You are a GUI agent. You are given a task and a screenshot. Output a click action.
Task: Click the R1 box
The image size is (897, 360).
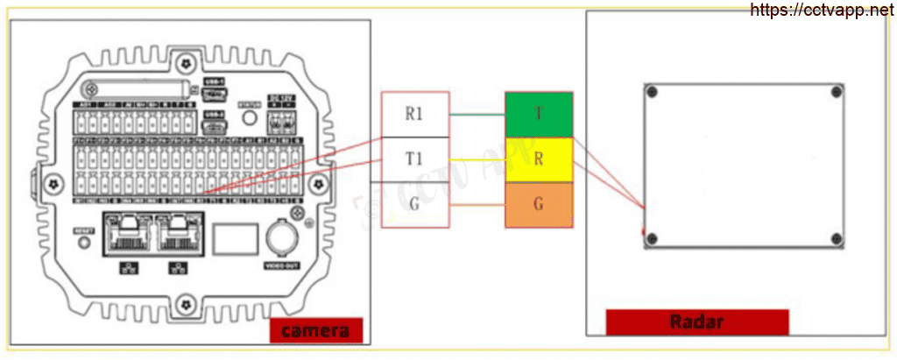pos(415,115)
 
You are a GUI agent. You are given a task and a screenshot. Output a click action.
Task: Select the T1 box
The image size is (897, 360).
pos(415,159)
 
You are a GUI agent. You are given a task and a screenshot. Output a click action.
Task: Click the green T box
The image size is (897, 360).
pos(539,115)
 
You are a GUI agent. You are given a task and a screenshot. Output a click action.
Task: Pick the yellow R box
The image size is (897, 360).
pos(539,160)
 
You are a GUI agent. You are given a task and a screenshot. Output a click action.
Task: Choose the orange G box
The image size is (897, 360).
pos(539,206)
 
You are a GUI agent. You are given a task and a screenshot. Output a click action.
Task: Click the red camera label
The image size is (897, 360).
pos(315,331)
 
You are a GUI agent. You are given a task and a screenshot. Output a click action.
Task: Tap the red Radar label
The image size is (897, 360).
pos(697,321)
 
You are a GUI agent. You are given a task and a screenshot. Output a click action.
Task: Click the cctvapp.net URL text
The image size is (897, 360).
pos(823,10)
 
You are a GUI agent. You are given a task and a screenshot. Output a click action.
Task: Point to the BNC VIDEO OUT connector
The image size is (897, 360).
pos(283,236)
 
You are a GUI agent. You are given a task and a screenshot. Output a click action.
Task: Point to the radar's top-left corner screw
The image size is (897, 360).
pos(651,90)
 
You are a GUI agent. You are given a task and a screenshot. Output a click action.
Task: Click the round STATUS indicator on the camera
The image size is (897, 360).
pos(249,117)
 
